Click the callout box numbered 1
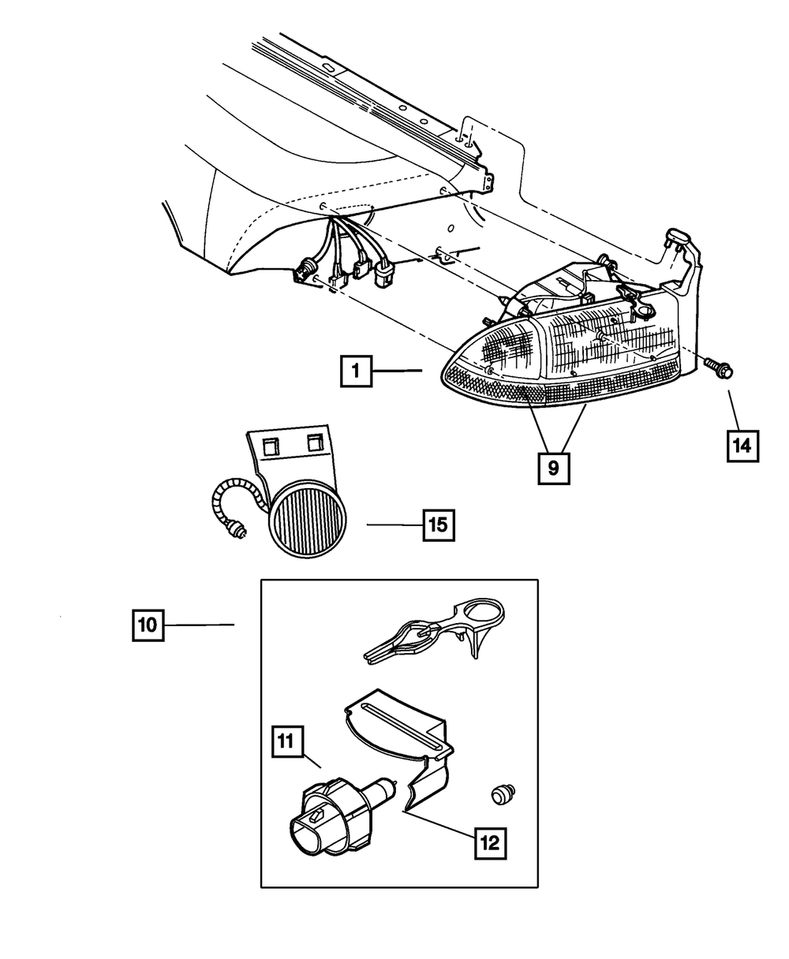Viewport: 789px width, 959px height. point(357,371)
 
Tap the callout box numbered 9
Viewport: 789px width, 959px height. point(554,468)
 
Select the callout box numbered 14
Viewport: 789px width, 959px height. point(742,446)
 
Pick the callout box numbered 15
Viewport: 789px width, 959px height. point(439,524)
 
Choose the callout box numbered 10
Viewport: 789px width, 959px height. point(148,625)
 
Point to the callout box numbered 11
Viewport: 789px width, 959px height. point(287,741)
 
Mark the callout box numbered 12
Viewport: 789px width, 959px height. point(491,843)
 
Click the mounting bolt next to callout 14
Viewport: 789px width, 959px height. point(719,368)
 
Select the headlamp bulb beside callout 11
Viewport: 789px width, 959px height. point(337,809)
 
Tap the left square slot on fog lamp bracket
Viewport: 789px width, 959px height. point(271,446)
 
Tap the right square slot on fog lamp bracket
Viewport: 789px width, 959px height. point(316,442)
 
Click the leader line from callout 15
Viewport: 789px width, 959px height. point(395,524)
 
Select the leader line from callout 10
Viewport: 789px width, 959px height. point(200,625)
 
